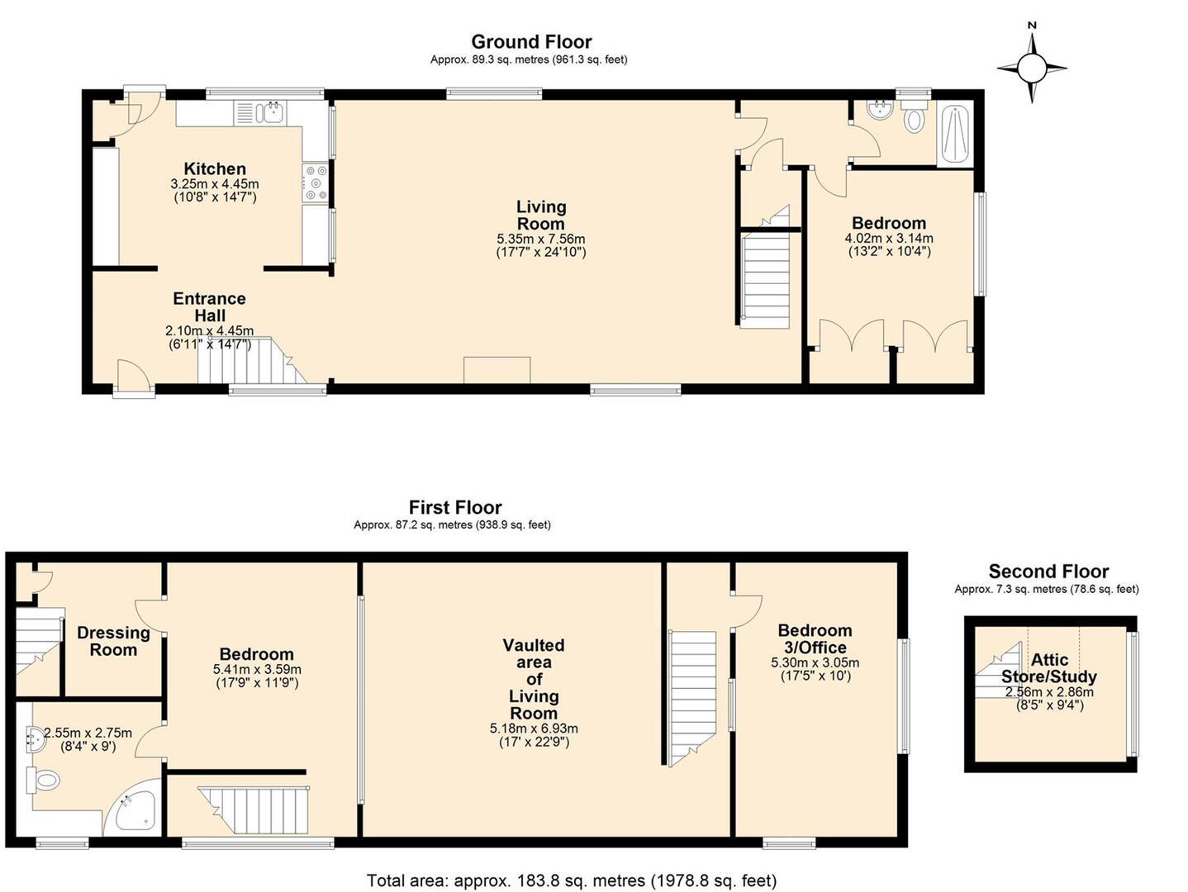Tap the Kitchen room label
tap(215, 168)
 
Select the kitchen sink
tap(270, 113)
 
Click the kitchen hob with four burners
tap(316, 183)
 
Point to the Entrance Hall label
tap(209, 306)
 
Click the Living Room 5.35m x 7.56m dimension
tap(541, 239)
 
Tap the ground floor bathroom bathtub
tap(955, 134)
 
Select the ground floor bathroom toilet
tap(913, 119)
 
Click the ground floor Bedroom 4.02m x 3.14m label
tap(889, 223)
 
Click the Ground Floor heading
tap(531, 41)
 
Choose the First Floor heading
tap(455, 507)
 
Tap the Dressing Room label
tap(113, 641)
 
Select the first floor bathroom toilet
tap(45, 780)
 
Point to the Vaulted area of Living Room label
tap(534, 679)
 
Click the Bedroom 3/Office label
tap(815, 638)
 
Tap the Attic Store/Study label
tap(1049, 667)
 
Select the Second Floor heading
tap(1048, 571)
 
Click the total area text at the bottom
tap(572, 880)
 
